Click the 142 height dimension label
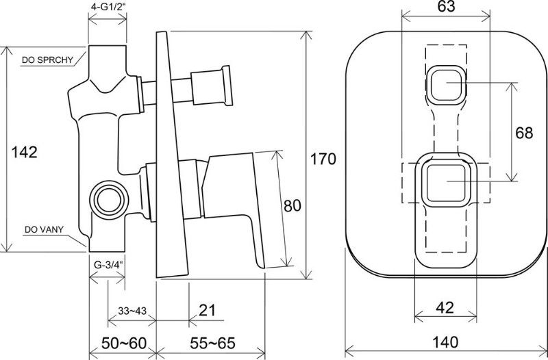[25, 152]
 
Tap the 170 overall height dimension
[323, 159]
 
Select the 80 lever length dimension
[292, 205]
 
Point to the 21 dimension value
[208, 310]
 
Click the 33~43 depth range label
[132, 311]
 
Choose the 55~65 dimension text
[212, 344]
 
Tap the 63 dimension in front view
[447, 7]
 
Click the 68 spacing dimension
[524, 133]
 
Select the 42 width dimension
[445, 307]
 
